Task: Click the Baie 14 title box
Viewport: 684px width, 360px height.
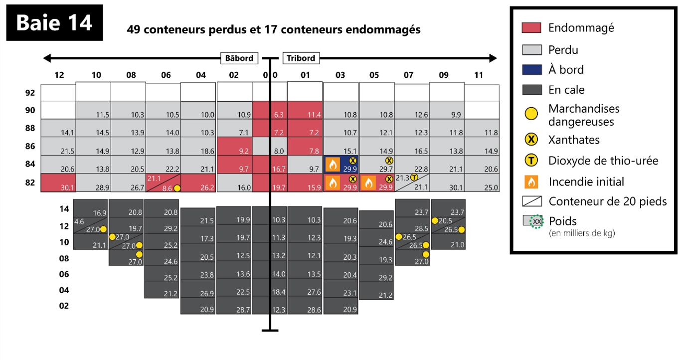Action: pos(54,23)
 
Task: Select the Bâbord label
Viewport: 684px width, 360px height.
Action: pos(239,58)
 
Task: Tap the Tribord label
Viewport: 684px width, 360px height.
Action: pos(301,58)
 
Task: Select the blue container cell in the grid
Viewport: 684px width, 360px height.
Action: pos(341,164)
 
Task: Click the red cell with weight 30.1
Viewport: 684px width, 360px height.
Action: pos(58,182)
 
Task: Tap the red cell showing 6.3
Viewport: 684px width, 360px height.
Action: pos(270,110)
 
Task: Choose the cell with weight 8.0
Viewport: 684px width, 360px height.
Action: pos(270,146)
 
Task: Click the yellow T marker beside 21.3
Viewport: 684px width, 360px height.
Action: pos(414,178)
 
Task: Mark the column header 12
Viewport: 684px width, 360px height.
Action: pos(59,75)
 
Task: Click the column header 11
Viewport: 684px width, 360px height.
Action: pos(479,75)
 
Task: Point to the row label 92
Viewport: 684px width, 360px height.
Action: pos(30,93)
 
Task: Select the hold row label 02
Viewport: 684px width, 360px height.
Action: pos(64,306)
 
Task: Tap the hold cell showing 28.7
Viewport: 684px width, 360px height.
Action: pos(234,305)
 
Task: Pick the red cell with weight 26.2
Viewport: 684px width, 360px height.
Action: pos(198,182)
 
